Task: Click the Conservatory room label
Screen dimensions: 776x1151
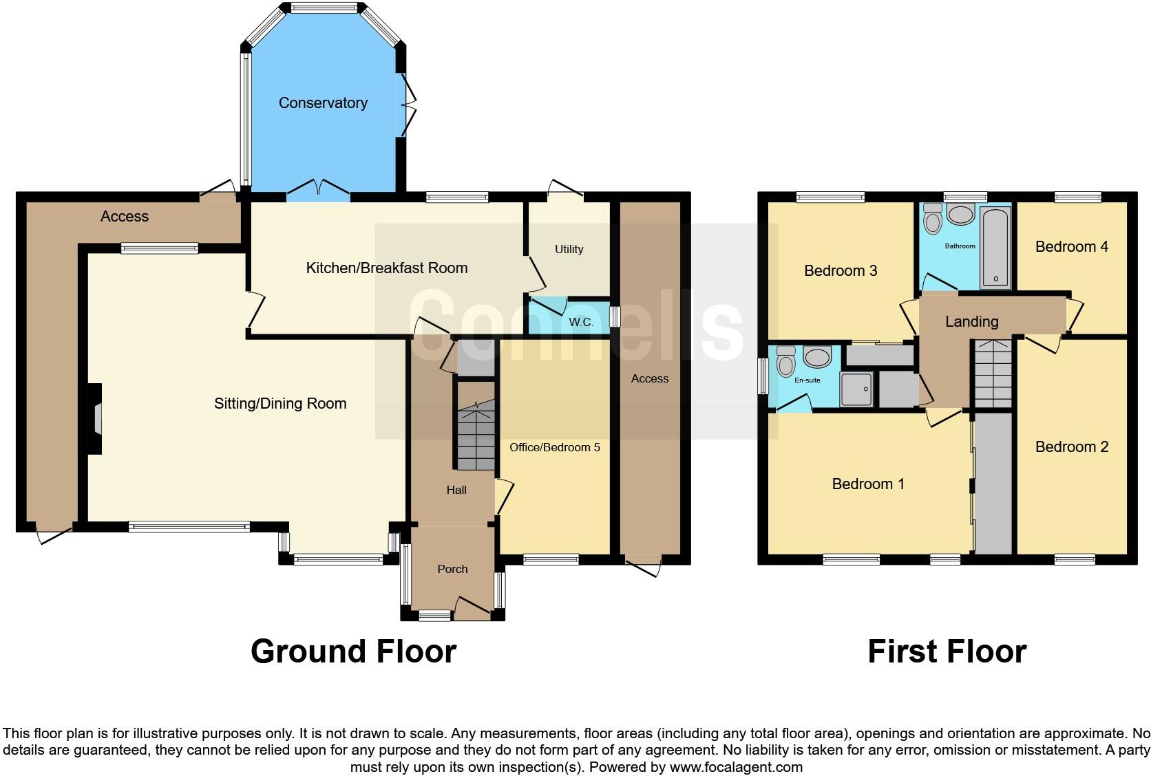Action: pyautogui.click(x=323, y=103)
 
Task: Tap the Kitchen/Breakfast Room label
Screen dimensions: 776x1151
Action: pyautogui.click(x=386, y=268)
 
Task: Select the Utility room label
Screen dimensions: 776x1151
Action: pyautogui.click(x=569, y=250)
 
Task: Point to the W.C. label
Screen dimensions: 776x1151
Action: pyautogui.click(x=581, y=323)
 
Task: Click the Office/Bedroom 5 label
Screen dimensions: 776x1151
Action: pyautogui.click(x=554, y=448)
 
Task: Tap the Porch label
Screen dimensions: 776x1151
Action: pyautogui.click(x=452, y=570)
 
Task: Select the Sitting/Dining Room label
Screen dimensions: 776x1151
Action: pyautogui.click(x=280, y=404)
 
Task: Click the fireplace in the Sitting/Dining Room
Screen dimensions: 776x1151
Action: pyautogui.click(x=94, y=418)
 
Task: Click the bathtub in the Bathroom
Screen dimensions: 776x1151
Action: pyautogui.click(x=996, y=248)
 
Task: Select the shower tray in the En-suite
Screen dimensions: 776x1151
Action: pyautogui.click(x=856, y=389)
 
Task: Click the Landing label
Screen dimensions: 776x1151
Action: pyautogui.click(x=971, y=321)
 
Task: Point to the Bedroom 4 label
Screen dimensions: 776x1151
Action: pyautogui.click(x=1071, y=247)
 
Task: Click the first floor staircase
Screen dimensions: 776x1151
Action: pyautogui.click(x=992, y=376)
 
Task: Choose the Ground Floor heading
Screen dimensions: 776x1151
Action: pyautogui.click(x=353, y=651)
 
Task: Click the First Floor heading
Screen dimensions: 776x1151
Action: pyautogui.click(x=947, y=651)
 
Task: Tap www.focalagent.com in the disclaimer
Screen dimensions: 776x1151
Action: pyautogui.click(x=736, y=766)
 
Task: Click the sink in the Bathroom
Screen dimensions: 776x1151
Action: pyautogui.click(x=960, y=215)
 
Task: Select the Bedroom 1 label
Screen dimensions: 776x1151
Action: pyautogui.click(x=867, y=484)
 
